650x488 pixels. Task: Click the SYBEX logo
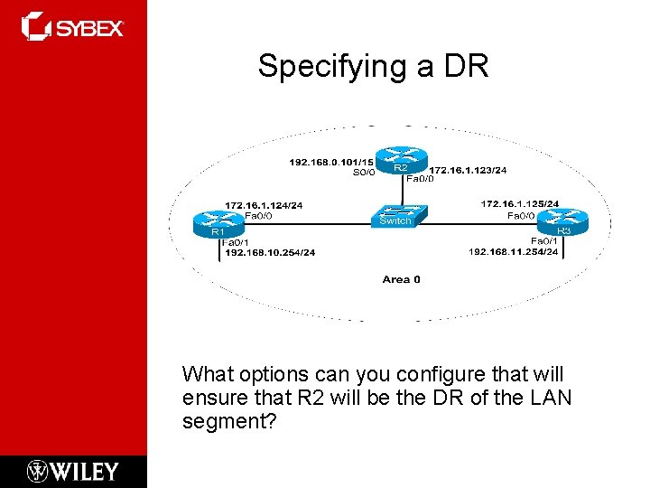click(x=73, y=27)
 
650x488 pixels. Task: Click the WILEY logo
click(x=73, y=471)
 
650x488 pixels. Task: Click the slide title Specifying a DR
click(x=373, y=66)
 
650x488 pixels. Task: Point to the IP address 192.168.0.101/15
click(x=331, y=163)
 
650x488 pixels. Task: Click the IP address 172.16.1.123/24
click(x=468, y=169)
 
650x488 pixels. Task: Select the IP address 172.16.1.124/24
click(x=264, y=205)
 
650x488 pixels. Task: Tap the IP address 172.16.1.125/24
click(x=519, y=204)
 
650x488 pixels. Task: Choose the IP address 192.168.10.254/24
click(x=270, y=252)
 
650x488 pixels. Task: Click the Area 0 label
click(x=401, y=279)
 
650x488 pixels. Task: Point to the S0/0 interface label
click(x=363, y=173)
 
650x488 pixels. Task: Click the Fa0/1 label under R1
click(x=236, y=242)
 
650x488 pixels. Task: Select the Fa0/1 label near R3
click(x=543, y=240)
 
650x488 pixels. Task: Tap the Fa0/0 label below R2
click(x=420, y=179)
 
